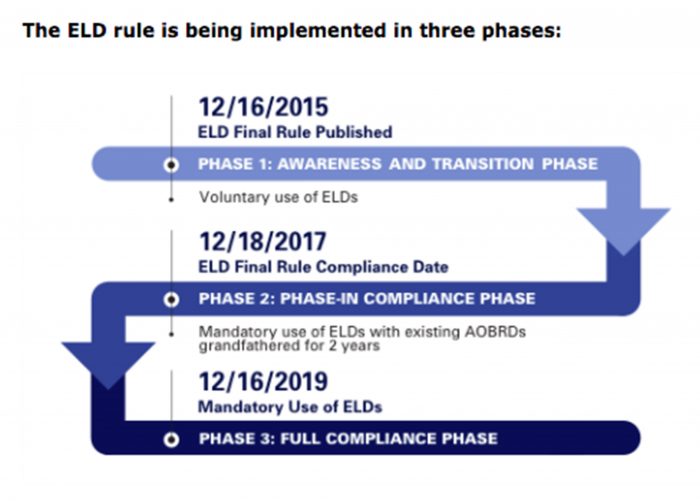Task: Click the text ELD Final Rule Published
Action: (294, 132)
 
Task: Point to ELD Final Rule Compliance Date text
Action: (323, 267)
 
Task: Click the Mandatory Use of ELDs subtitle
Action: (290, 407)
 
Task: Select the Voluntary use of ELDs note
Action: (278, 197)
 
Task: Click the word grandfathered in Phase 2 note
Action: (241, 346)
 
